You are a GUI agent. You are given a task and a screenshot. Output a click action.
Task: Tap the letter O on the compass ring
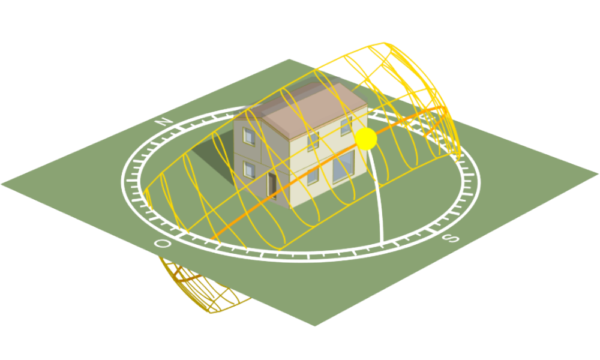[x=162, y=244]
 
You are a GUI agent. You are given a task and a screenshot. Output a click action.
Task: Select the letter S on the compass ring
[x=451, y=238]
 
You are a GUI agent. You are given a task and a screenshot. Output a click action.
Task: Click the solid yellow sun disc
[x=366, y=139]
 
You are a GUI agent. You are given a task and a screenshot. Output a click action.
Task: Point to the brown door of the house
[x=272, y=185]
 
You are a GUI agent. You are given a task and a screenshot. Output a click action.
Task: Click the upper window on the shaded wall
[x=249, y=136]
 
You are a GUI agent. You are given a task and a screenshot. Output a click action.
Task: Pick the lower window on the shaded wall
[x=249, y=170]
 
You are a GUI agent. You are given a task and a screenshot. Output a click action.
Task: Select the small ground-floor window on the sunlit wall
[x=313, y=176]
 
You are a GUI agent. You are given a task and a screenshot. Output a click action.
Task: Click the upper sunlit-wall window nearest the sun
[x=346, y=126]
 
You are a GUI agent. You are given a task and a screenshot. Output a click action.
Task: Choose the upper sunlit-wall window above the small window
[x=313, y=142]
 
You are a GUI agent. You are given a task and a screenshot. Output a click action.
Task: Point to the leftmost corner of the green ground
[x=2, y=184]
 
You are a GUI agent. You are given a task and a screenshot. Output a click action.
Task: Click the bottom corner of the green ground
[x=314, y=326]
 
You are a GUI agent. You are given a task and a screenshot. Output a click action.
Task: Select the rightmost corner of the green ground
[x=598, y=174]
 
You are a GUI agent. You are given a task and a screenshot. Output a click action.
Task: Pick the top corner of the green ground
[x=289, y=59]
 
